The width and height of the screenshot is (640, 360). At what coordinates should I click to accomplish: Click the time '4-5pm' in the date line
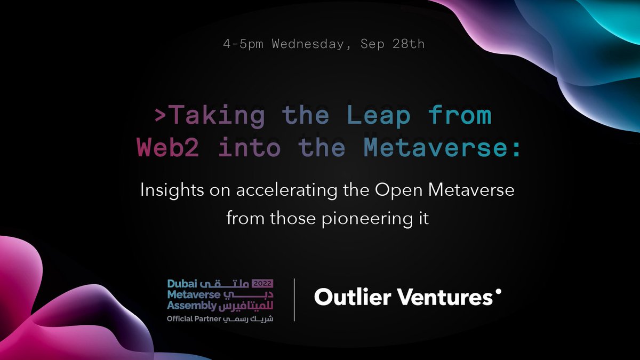click(x=243, y=44)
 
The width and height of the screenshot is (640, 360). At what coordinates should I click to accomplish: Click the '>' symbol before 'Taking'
click(x=159, y=116)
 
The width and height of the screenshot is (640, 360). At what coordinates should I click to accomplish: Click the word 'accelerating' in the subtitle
click(x=275, y=191)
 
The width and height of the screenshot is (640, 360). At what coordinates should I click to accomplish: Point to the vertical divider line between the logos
click(x=294, y=299)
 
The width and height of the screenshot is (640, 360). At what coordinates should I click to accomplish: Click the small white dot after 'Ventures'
click(x=499, y=292)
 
